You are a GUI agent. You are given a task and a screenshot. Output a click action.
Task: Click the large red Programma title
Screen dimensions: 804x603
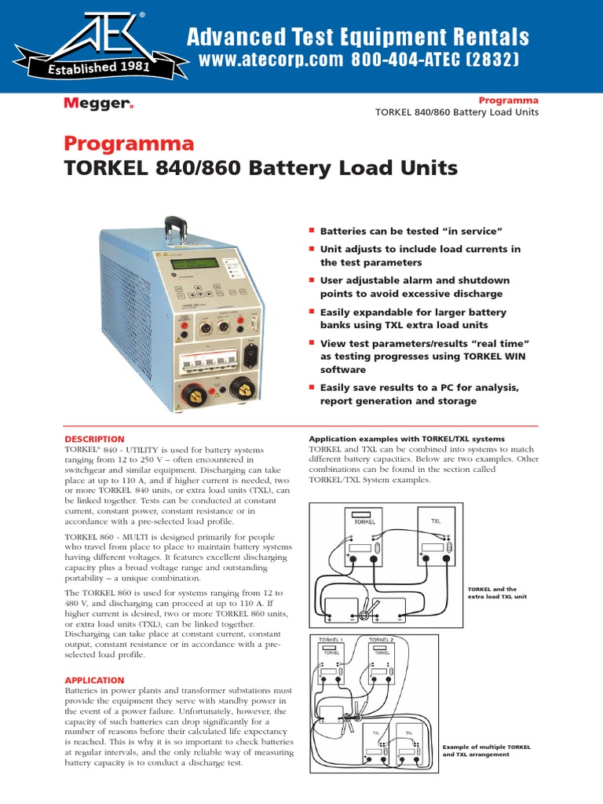[x=128, y=144]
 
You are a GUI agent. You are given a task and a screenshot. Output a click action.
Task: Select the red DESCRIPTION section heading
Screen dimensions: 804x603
[x=93, y=439]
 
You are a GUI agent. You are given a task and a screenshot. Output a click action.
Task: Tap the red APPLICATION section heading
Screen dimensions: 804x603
[x=93, y=680]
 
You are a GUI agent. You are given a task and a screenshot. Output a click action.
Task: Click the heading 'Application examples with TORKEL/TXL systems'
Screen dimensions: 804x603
[x=407, y=438]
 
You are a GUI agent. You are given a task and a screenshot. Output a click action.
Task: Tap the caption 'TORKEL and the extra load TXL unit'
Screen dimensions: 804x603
[x=496, y=593]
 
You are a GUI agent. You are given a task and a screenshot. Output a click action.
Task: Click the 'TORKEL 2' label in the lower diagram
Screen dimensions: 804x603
[x=382, y=640]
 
